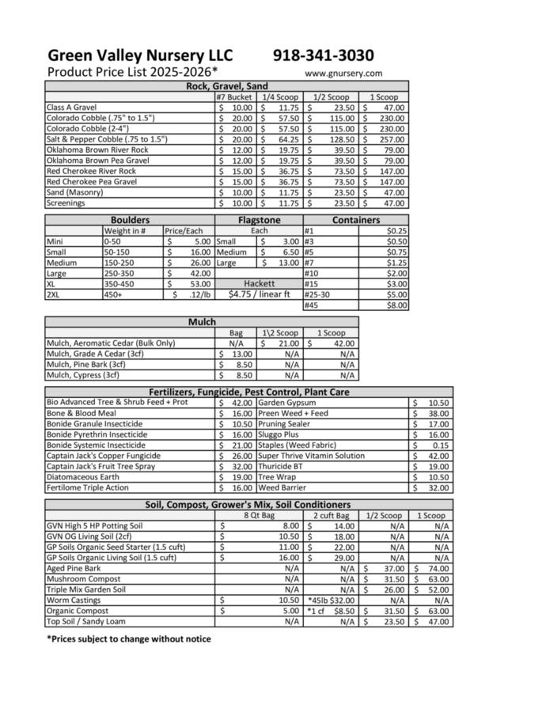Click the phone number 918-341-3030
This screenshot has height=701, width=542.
324,55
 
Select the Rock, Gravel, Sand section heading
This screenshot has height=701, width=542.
226,86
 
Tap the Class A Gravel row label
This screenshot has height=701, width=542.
71,107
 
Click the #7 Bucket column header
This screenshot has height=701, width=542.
234,97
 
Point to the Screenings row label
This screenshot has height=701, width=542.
66,203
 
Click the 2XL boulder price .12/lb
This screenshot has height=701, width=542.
188,295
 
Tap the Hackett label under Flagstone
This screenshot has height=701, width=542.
259,283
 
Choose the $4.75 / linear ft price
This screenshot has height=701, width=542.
259,294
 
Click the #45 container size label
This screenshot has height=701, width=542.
312,305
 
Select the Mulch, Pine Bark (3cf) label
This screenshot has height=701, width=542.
86,365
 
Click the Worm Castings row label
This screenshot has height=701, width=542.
74,601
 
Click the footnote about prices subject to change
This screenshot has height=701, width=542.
129,638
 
